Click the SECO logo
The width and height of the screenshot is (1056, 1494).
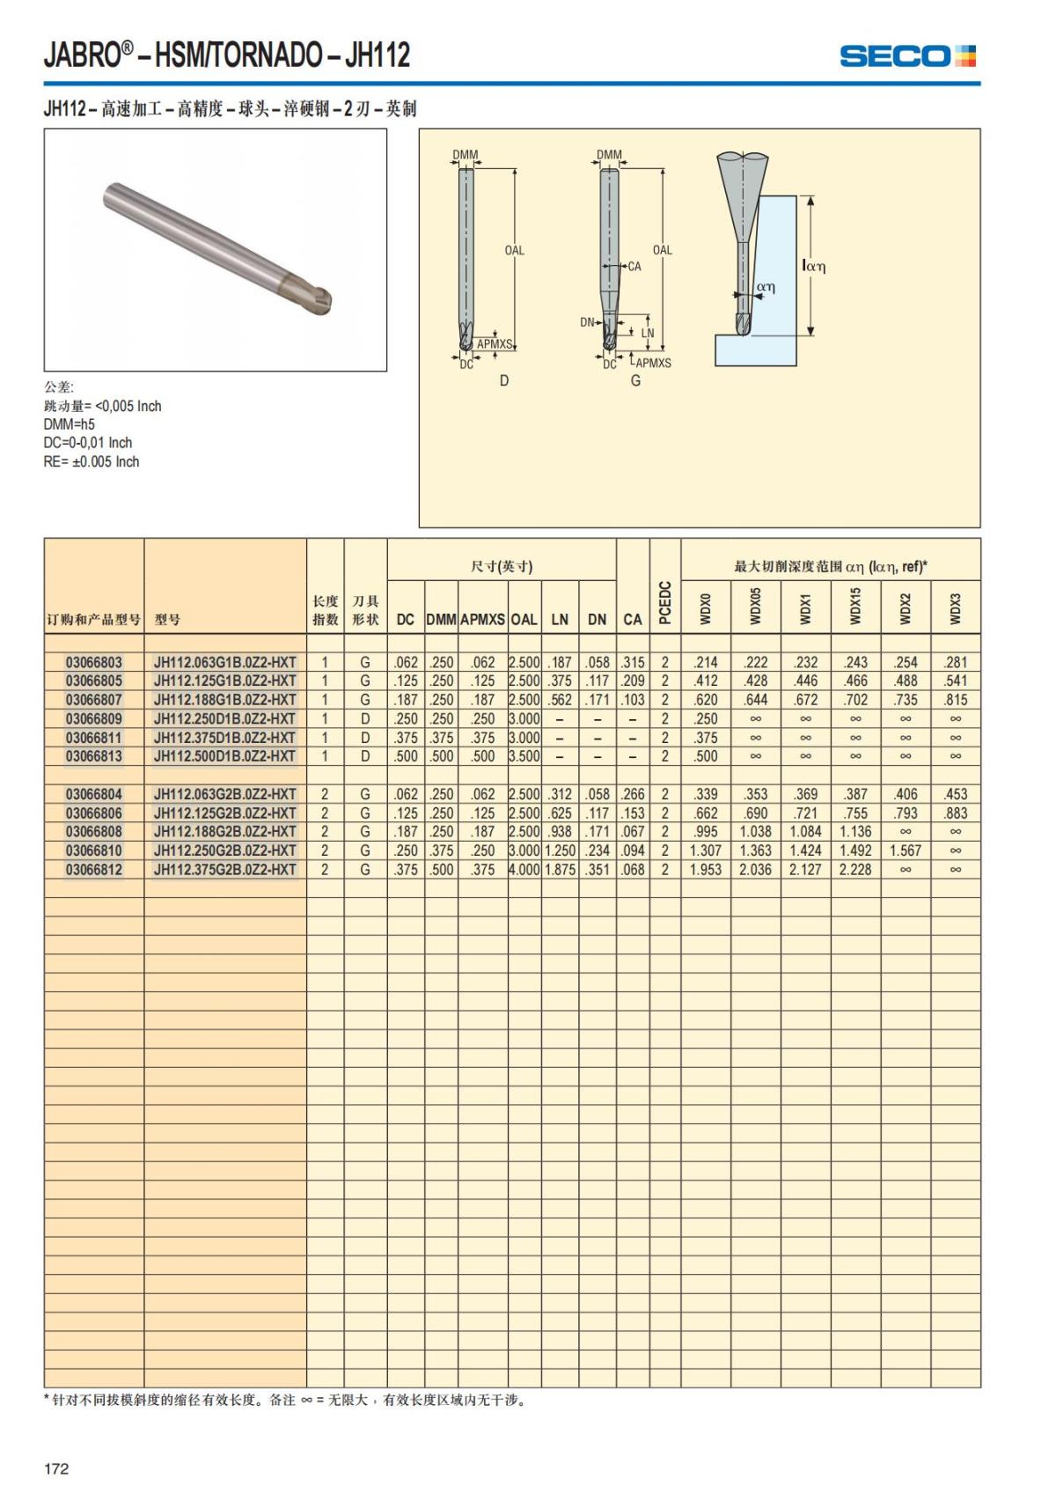[x=907, y=56]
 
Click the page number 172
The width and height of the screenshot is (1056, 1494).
[x=56, y=1468]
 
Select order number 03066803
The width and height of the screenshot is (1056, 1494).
[x=93, y=662]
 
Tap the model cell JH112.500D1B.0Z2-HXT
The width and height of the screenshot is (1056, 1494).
[x=224, y=756]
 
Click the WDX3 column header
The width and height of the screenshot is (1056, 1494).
[x=956, y=608]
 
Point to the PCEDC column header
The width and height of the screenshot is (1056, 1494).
[x=664, y=603]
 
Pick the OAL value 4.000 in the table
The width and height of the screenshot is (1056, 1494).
[x=524, y=870]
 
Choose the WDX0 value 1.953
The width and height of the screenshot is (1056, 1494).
[x=706, y=870]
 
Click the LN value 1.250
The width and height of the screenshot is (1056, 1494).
[x=560, y=851]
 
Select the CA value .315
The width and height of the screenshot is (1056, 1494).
[x=633, y=662]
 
